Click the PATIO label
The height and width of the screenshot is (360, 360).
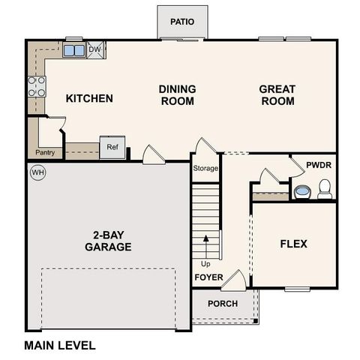pyautogui.click(x=182, y=22)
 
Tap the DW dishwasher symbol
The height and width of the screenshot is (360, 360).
pyautogui.click(x=95, y=50)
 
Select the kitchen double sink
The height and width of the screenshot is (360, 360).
pyautogui.click(x=74, y=51)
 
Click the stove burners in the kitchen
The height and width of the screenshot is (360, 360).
pyautogui.click(x=36, y=88)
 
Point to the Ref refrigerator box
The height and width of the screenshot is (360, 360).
pyautogui.click(x=112, y=147)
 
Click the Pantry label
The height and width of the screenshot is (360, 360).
pyautogui.click(x=44, y=153)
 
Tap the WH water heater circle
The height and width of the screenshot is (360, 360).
pyautogui.click(x=37, y=172)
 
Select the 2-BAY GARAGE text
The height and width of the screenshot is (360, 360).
pyautogui.click(x=108, y=241)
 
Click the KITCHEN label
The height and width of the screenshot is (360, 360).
pyautogui.click(x=89, y=98)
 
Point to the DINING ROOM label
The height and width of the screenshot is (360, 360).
pyautogui.click(x=177, y=94)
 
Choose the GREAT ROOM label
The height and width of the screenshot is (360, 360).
pyautogui.click(x=277, y=94)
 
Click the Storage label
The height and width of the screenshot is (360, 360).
pyautogui.click(x=205, y=169)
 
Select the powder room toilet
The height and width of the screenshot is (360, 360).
pyautogui.click(x=325, y=193)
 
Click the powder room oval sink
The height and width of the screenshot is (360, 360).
pyautogui.click(x=301, y=193)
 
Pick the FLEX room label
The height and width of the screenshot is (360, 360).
pyautogui.click(x=293, y=244)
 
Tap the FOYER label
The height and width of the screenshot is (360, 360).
pyautogui.click(x=208, y=277)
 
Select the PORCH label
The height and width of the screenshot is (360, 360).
pyautogui.click(x=223, y=304)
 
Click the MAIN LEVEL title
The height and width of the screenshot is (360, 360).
pyautogui.click(x=60, y=346)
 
